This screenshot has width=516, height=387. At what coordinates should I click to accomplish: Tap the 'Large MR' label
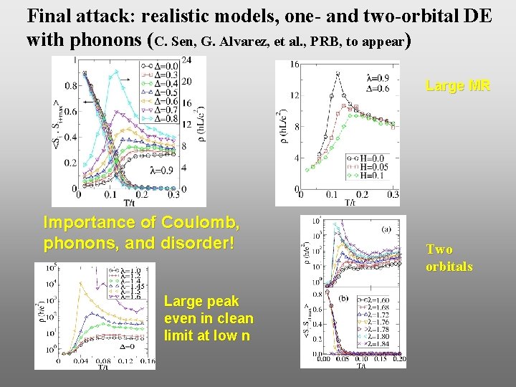click(457, 86)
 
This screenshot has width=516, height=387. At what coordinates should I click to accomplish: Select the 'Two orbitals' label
click(449, 258)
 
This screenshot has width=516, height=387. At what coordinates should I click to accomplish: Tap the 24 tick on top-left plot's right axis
click(186, 60)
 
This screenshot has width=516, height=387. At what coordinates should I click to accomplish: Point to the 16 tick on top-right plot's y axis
click(294, 65)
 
